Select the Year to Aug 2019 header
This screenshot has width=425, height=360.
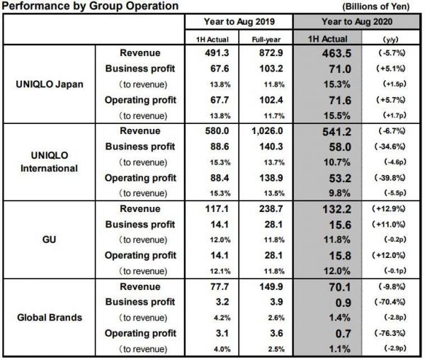coord(240,21)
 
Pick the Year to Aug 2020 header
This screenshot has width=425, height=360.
coord(362,21)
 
